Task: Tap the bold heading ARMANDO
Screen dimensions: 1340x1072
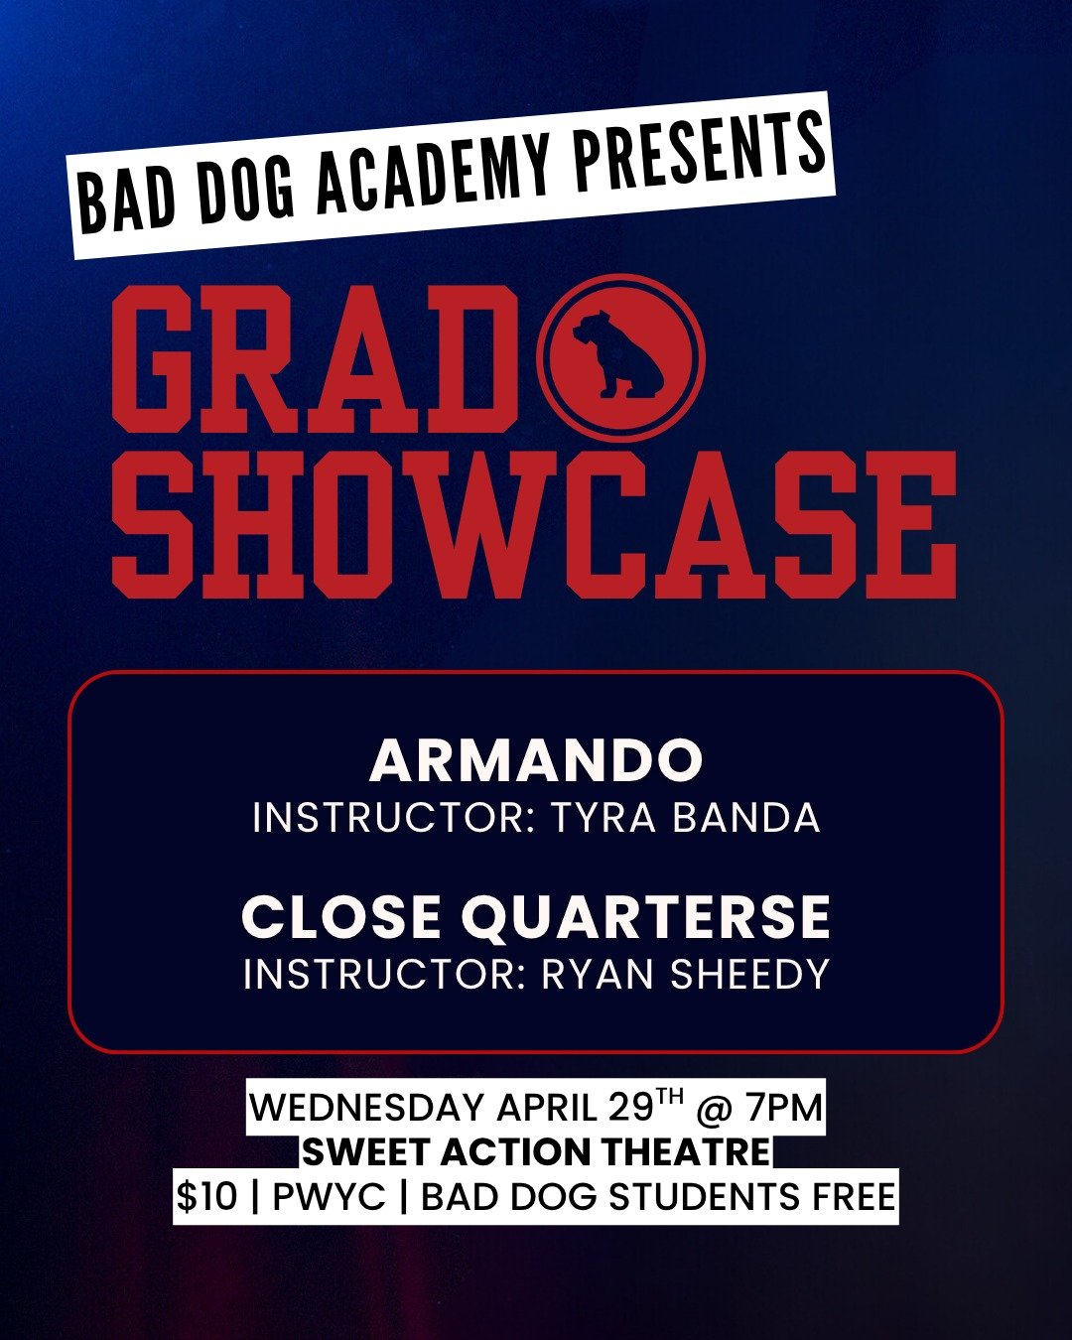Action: [x=536, y=761]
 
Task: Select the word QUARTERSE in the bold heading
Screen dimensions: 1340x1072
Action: [x=646, y=916]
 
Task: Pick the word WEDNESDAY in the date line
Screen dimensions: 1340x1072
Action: [x=366, y=1108]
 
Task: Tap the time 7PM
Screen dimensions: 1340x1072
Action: [x=784, y=1108]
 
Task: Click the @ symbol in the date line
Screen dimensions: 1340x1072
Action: [x=715, y=1108]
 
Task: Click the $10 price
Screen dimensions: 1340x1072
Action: [x=206, y=1197]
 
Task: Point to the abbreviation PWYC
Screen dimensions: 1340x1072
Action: [x=329, y=1197]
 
